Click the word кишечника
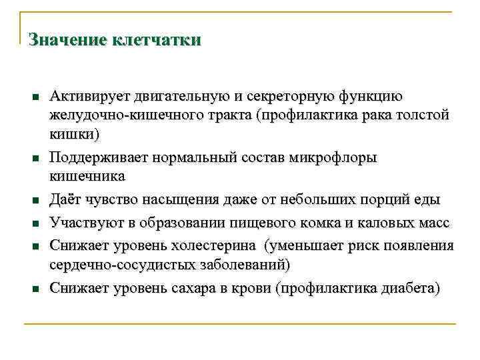(87, 177)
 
